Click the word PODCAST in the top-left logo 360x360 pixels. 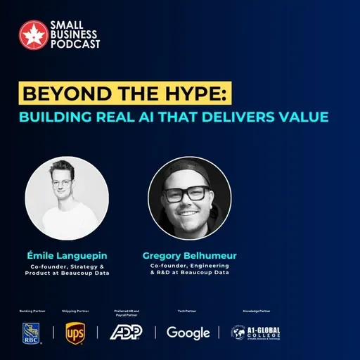tap(75, 44)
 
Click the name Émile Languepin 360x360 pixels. tap(67, 255)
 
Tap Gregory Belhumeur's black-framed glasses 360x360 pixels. tap(186, 193)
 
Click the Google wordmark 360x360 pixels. tap(188, 333)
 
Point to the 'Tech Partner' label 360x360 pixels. tap(187, 310)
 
